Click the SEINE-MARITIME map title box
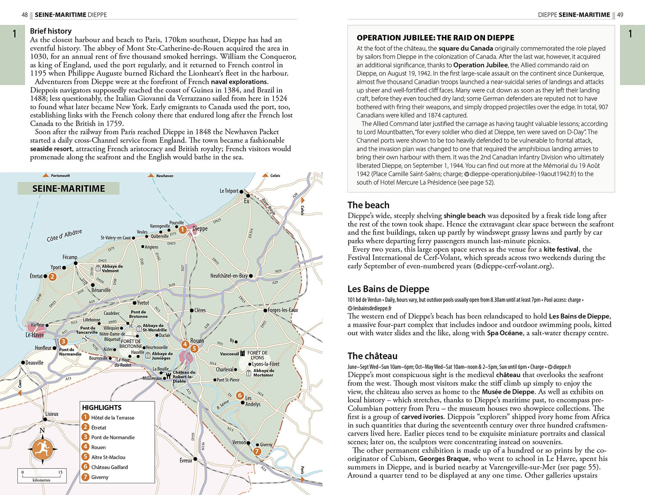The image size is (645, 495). point(68,188)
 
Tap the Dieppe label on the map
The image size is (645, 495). point(200,228)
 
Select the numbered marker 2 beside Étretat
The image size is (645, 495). point(52,277)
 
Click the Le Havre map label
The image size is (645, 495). point(34,335)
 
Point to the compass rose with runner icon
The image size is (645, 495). point(42,449)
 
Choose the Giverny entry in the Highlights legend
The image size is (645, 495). point(99,477)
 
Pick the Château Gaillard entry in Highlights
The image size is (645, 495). point(109,467)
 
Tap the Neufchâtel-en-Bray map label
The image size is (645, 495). point(229,276)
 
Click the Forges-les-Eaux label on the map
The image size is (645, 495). point(283,310)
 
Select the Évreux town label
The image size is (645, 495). point(186,460)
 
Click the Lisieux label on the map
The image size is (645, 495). point(52,414)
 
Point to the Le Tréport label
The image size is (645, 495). point(229,191)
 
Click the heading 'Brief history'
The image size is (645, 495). point(51,31)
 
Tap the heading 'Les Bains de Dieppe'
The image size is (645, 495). point(388,289)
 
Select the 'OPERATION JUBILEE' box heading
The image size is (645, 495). point(435,38)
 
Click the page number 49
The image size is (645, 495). point(620,15)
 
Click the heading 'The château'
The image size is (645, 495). point(372,356)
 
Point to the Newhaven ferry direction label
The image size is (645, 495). point(164,175)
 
